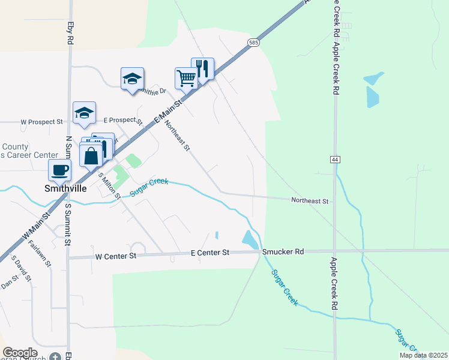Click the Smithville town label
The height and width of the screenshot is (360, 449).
click(x=65, y=188)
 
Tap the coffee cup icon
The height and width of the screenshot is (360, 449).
click(x=60, y=170)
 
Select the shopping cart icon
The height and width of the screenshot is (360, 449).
click(x=186, y=77)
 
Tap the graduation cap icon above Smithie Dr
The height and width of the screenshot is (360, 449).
click(x=133, y=78)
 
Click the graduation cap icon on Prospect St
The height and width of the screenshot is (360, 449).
click(x=85, y=112)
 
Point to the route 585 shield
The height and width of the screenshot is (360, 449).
click(x=253, y=42)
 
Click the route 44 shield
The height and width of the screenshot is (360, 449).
click(x=334, y=159)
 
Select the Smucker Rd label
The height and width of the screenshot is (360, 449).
click(x=282, y=253)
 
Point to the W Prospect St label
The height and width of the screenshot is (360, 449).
click(x=41, y=121)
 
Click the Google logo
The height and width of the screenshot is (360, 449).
click(x=20, y=353)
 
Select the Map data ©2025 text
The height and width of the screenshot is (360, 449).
click(x=423, y=355)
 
